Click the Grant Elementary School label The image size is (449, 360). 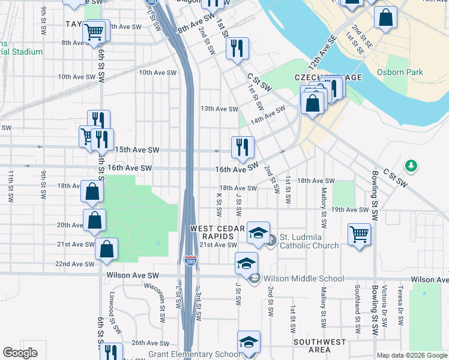[193, 355]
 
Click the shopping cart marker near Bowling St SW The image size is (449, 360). [359, 233]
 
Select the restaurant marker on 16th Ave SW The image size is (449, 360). [243, 147]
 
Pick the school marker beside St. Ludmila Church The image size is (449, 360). [258, 232]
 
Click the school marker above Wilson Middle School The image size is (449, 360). [246, 263]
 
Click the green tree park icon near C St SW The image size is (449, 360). [411, 164]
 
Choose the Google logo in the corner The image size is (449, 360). [20, 353]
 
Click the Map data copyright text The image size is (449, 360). [412, 355]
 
